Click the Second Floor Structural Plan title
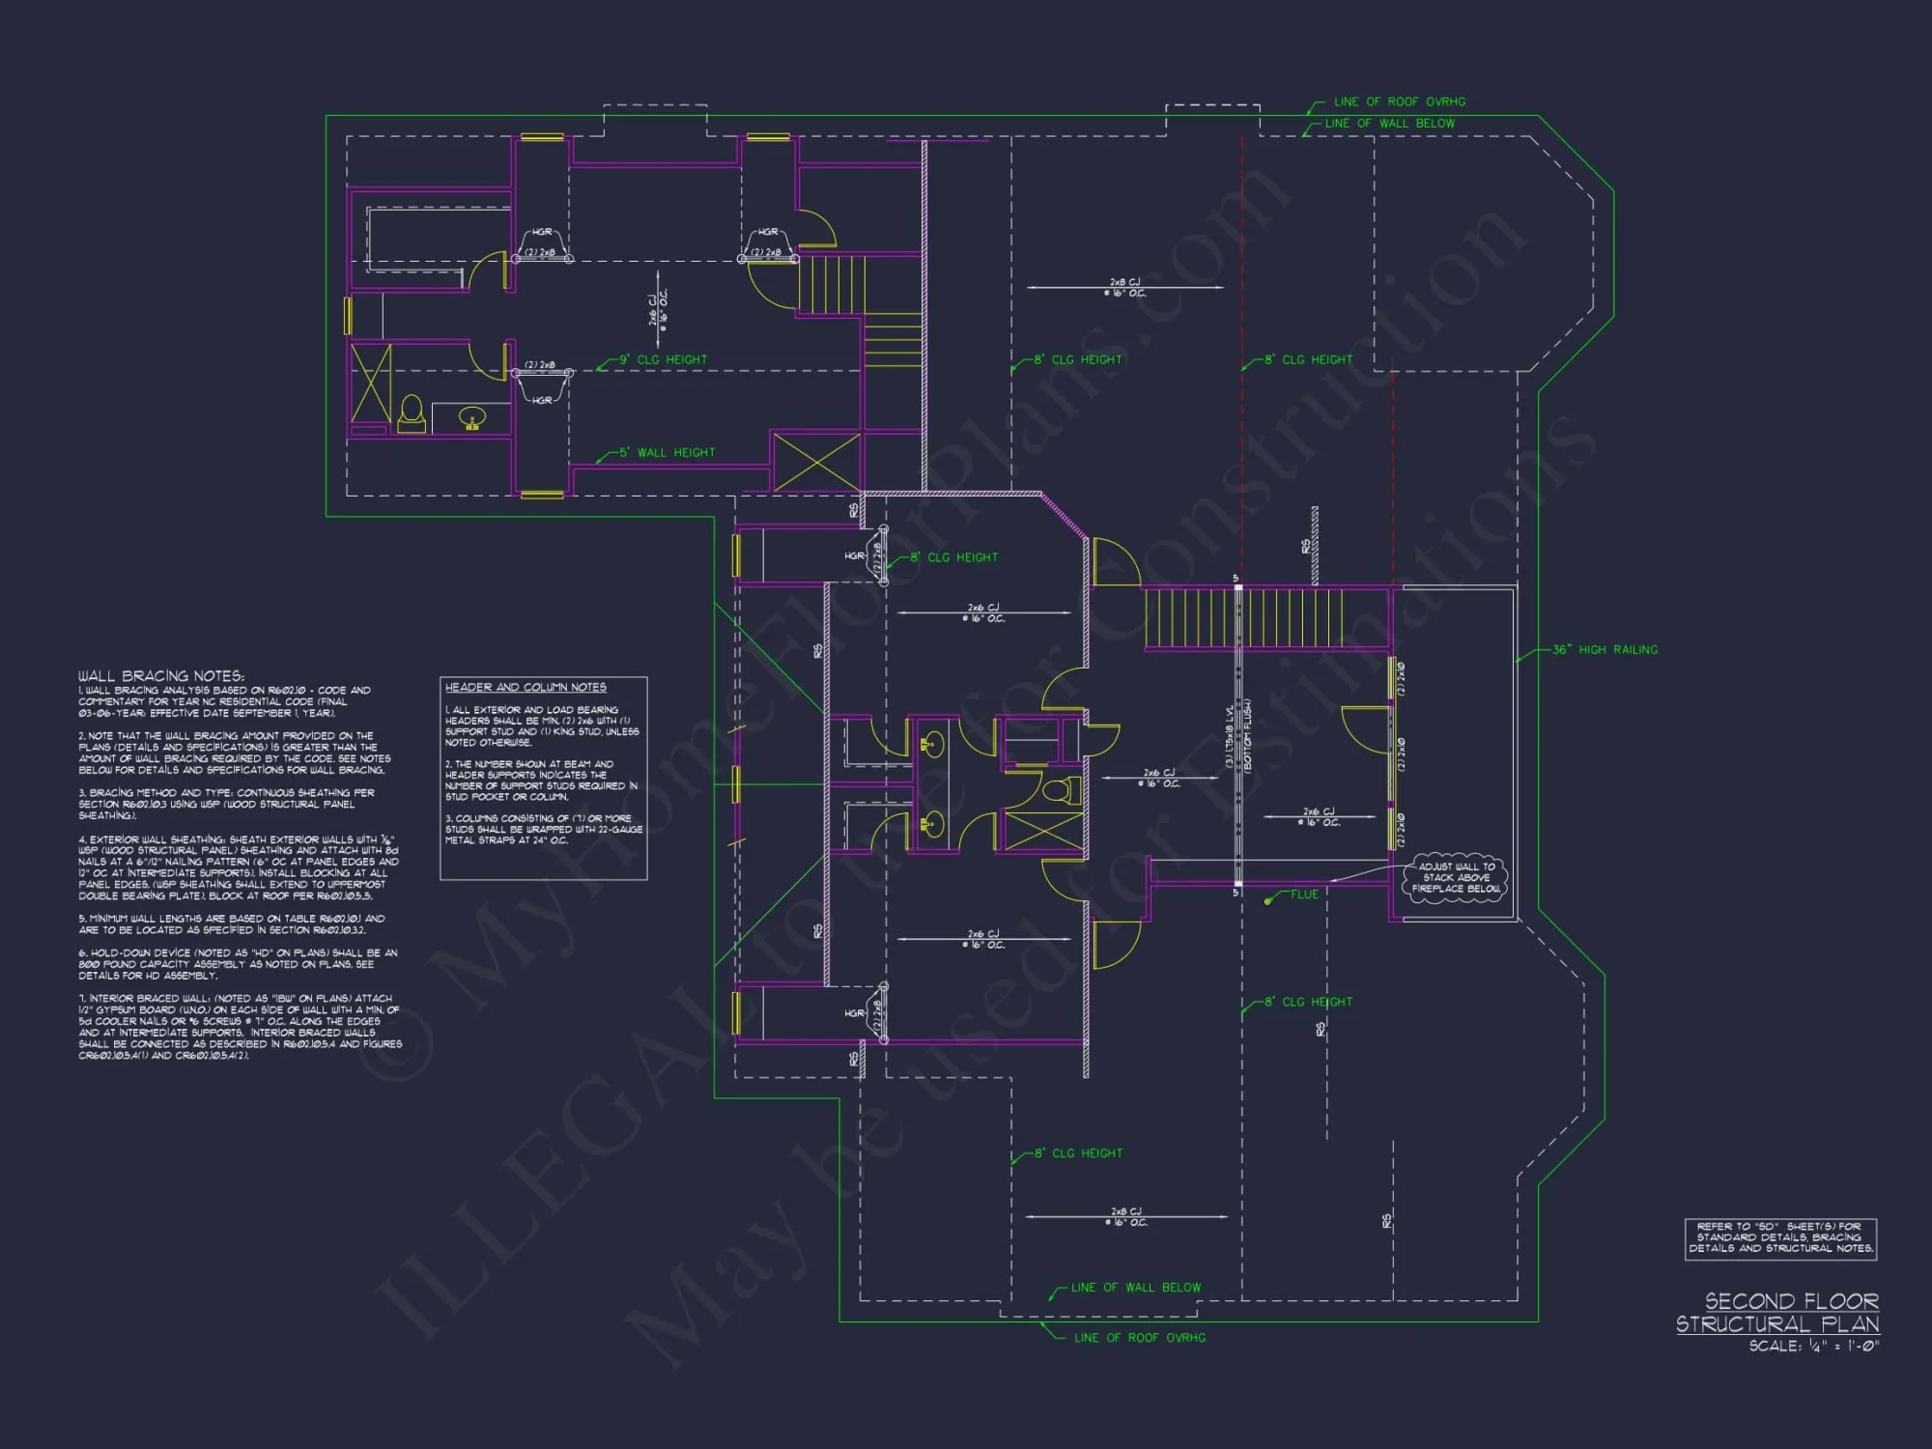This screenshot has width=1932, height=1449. (1777, 1313)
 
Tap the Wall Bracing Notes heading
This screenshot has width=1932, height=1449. (161, 676)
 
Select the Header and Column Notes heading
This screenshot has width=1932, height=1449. (526, 687)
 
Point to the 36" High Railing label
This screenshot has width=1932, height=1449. (1605, 650)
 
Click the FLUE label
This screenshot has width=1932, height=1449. (1304, 895)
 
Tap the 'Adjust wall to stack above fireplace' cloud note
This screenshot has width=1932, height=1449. (1456, 877)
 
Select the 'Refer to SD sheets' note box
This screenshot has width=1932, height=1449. (1780, 1237)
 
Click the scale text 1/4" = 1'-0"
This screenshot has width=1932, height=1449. (1814, 1346)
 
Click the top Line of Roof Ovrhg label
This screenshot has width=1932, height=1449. (1399, 101)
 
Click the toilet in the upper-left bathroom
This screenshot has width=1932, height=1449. (412, 413)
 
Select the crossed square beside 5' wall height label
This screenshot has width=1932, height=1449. (816, 462)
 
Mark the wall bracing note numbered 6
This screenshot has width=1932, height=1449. (238, 964)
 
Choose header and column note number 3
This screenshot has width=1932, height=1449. (543, 829)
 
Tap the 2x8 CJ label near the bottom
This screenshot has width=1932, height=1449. (1126, 1216)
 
